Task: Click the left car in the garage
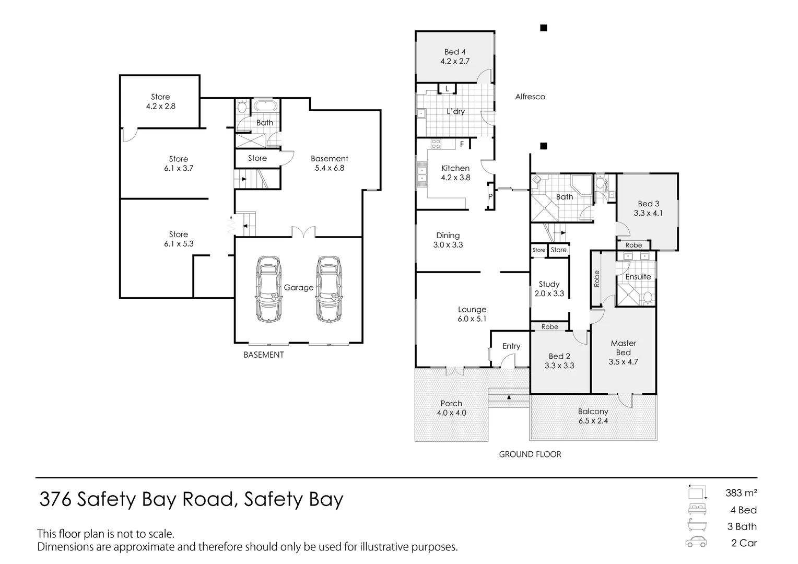point(268,289)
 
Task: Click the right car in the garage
point(329,289)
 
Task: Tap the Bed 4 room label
point(455,56)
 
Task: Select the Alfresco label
point(530,97)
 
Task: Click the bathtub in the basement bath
point(266,106)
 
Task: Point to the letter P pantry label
point(490,197)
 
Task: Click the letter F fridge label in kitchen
point(462,144)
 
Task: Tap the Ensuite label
point(638,277)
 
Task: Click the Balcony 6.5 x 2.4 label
point(593,416)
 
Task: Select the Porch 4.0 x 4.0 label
point(451,408)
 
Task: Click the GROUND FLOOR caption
point(530,454)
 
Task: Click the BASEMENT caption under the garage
point(264,355)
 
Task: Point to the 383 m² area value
point(741,492)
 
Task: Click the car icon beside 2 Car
point(696,542)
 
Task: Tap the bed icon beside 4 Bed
point(696,509)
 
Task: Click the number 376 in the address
point(56,500)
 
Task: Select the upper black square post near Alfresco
point(543,28)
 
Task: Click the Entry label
point(511,346)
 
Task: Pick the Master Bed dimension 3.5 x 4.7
point(623,361)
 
